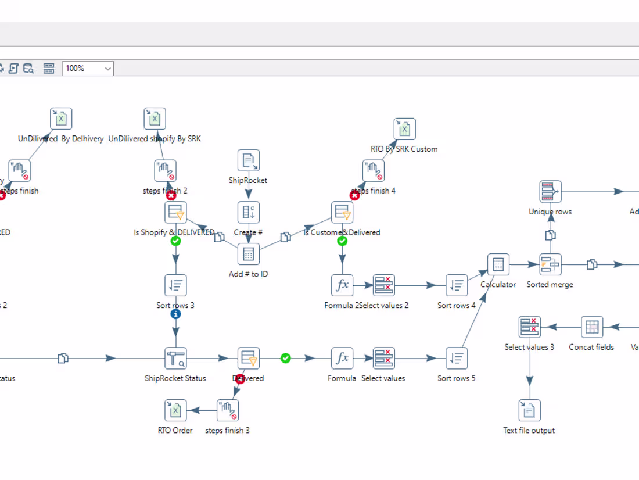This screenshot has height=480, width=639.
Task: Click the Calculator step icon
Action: (498, 264)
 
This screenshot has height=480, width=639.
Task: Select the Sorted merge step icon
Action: (550, 264)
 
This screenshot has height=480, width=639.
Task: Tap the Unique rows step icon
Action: (550, 191)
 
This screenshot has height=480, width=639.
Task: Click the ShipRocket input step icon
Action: (248, 160)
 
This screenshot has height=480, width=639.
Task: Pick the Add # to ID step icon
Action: (248, 254)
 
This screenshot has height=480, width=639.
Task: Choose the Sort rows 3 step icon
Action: (175, 285)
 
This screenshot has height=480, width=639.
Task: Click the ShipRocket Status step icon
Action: (175, 359)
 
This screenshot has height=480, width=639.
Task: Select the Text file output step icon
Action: (529, 410)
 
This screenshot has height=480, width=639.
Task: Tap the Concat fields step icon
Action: (591, 327)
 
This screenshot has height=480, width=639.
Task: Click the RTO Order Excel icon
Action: (175, 410)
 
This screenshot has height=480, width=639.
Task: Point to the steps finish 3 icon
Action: (228, 410)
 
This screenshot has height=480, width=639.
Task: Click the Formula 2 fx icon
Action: (342, 285)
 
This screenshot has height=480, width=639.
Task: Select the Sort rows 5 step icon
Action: (457, 359)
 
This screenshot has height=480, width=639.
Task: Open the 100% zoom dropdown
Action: (88, 69)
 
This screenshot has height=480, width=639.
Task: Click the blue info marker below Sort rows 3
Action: (175, 314)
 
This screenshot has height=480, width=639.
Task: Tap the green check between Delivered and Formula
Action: (285, 358)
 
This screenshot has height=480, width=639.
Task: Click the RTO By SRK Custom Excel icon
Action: (404, 129)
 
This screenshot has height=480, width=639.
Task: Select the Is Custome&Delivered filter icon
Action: (342, 213)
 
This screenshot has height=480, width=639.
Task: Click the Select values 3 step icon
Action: (529, 327)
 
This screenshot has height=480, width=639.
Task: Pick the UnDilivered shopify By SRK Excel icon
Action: (155, 119)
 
